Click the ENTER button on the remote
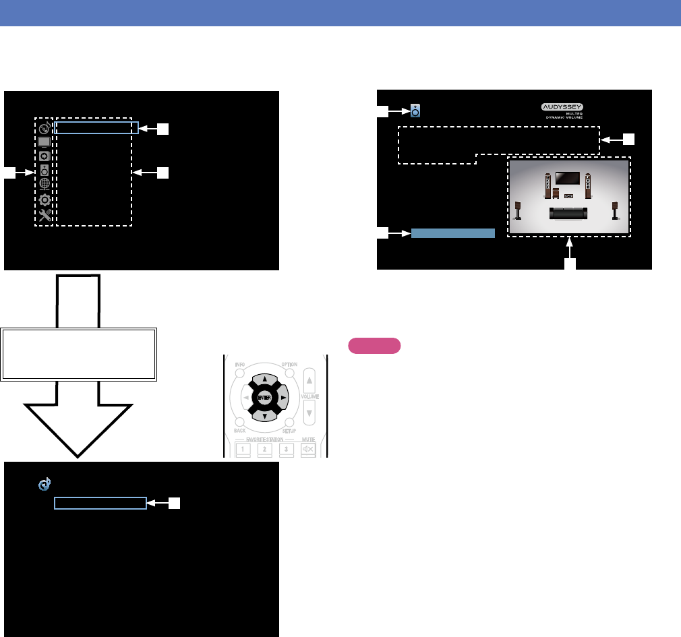pos(265,397)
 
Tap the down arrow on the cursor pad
pos(265,417)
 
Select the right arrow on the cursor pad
pos(283,398)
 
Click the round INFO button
pos(241,373)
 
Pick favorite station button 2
pos(265,449)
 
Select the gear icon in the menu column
pos(45,200)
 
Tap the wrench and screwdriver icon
pos(45,216)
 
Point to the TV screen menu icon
pos(45,142)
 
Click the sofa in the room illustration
pos(568,213)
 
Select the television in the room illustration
pos(568,179)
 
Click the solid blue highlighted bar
pos(453,233)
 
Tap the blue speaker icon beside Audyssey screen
pos(415,111)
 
